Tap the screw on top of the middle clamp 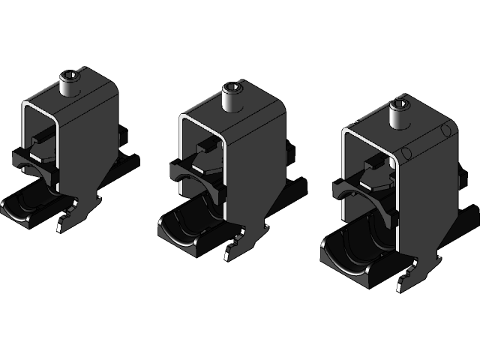tap(232, 97)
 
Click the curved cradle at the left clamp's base tap(30, 204)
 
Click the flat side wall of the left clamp tap(94, 142)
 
